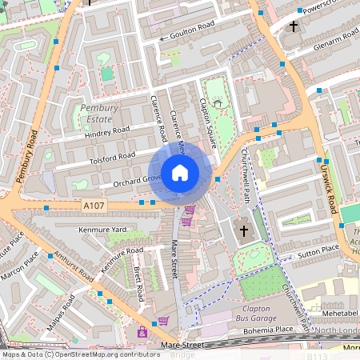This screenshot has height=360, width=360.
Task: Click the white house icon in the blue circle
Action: tap(180, 173)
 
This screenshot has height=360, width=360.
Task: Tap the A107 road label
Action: tap(94, 206)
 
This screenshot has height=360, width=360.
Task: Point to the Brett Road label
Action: tap(138, 285)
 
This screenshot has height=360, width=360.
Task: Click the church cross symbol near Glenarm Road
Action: tap(293, 27)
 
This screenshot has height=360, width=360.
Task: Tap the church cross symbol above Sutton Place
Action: tap(244, 232)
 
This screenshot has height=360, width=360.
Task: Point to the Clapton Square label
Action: tap(208, 124)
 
